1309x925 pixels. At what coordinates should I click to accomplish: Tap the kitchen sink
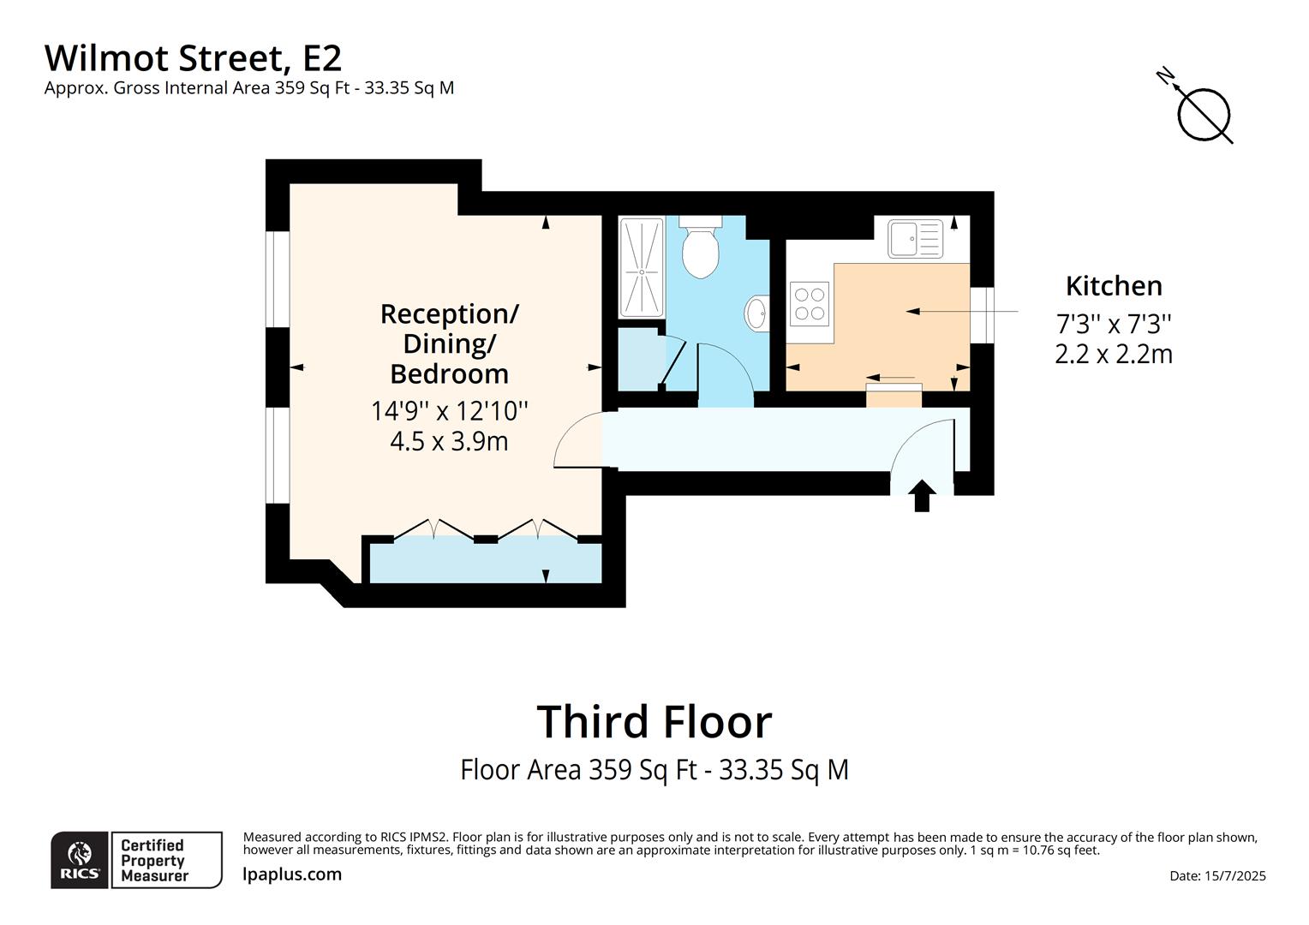(x=915, y=238)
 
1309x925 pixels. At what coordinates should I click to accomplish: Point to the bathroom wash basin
(x=757, y=313)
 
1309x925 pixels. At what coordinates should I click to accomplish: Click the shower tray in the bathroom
(x=642, y=267)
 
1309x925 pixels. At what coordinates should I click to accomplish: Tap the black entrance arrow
(x=922, y=496)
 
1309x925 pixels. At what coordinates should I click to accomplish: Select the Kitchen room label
(x=1114, y=286)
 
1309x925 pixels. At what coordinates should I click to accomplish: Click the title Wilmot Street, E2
(x=193, y=58)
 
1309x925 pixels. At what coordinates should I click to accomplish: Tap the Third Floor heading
(x=654, y=721)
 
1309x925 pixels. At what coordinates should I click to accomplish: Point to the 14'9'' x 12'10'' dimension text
(x=449, y=411)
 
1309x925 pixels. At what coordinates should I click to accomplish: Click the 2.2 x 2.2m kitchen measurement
(x=1114, y=354)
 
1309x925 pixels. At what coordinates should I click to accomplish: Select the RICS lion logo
(x=80, y=858)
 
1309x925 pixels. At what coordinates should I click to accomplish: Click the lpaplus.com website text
(x=292, y=874)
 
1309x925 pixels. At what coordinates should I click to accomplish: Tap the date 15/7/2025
(x=1217, y=875)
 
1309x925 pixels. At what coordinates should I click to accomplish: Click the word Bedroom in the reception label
(x=449, y=374)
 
